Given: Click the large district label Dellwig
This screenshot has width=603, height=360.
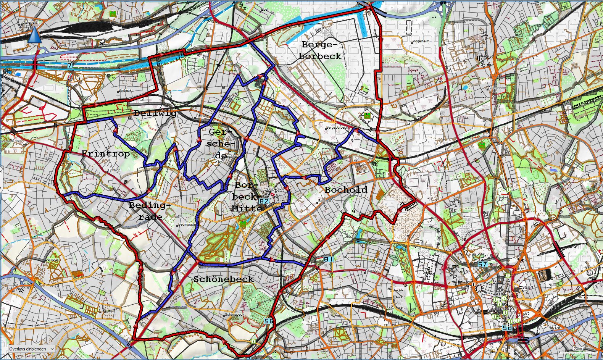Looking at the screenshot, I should click(155, 113).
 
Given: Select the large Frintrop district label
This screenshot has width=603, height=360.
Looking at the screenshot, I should click(106, 154).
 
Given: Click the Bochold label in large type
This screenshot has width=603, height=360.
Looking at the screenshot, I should click(346, 190).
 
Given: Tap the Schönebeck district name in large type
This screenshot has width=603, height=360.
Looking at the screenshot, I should click(224, 279).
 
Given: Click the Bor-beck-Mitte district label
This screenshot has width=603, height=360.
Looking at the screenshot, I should click(246, 197).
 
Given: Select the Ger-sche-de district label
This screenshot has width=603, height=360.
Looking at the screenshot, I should click(221, 144).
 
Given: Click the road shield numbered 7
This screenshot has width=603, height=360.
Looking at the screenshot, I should click(69, 66).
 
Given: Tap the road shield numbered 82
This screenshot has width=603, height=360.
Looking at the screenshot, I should click(264, 201).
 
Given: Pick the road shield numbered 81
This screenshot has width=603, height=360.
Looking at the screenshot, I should click(328, 259).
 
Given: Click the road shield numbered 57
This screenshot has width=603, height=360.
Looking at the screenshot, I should click(483, 264).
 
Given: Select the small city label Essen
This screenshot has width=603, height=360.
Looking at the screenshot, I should click(526, 287).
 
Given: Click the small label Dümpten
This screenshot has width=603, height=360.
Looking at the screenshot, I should click(52, 259).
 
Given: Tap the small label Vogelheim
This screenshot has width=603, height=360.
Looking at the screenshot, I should click(421, 41).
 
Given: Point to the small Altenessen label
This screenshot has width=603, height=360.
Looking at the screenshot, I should click(497, 88).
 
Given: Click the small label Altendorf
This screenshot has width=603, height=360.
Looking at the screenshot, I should click(372, 271).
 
